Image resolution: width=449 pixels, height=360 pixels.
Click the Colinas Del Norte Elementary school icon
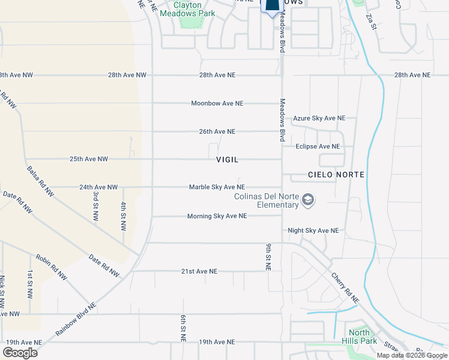point(308,200)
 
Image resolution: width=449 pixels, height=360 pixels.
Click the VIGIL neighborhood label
point(228,160)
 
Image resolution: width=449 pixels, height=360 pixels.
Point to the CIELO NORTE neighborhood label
point(336,175)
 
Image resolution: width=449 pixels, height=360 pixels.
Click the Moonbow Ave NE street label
point(217,103)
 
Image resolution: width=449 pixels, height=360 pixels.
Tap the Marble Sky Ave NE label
point(217,187)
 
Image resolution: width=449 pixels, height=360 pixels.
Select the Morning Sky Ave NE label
point(217,216)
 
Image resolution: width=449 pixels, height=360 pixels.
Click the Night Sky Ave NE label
point(313,230)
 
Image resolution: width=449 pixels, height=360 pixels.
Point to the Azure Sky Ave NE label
point(319,118)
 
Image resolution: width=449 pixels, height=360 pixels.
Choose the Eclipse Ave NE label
point(318,146)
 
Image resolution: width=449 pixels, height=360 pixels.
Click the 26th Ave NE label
point(217,131)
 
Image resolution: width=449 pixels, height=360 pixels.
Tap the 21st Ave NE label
point(199,271)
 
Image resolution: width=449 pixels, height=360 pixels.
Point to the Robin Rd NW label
point(52,267)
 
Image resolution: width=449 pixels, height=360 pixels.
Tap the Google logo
point(19,353)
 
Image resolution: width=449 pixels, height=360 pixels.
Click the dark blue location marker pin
point(272,6)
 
